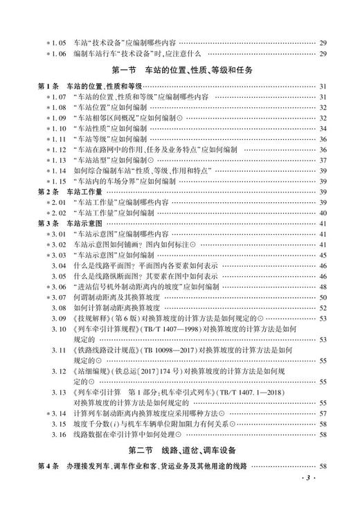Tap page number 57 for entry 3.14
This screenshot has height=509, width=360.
click(x=323, y=413)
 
